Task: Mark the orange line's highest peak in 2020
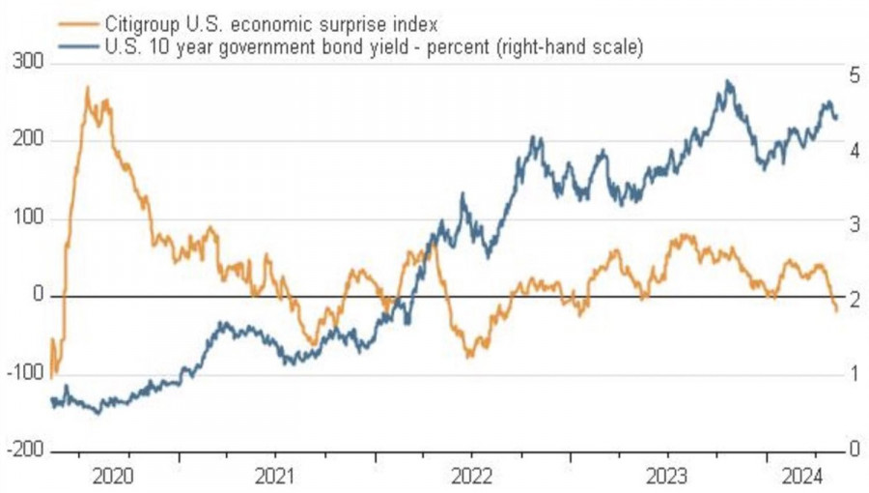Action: (88, 88)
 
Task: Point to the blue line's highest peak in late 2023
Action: (728, 82)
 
